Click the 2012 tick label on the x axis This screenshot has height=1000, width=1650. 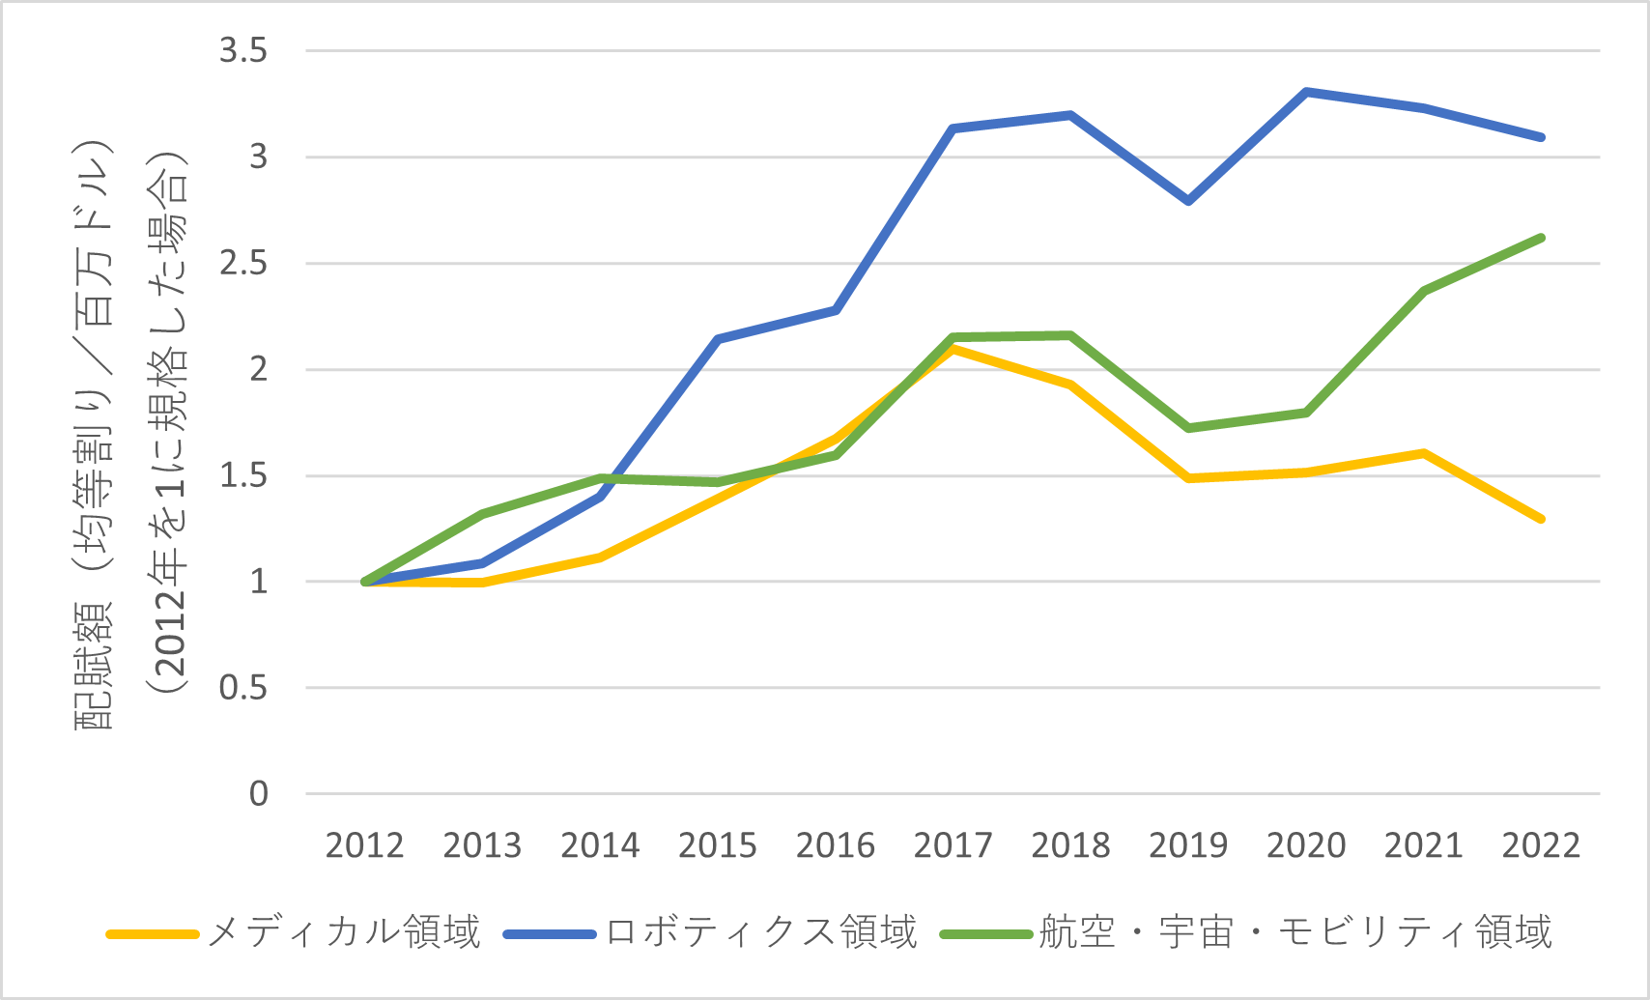[x=364, y=845]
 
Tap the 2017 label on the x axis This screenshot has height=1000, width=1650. [x=953, y=845]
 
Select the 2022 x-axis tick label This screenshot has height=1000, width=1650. [x=1541, y=845]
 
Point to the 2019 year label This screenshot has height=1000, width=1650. [x=1188, y=845]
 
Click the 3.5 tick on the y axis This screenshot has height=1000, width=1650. [x=243, y=50]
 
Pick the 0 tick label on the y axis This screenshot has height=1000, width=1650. [x=258, y=794]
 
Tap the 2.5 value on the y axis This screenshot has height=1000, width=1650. [x=243, y=263]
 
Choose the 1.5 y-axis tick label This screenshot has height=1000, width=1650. [x=243, y=475]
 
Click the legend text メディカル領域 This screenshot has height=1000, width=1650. [x=344, y=932]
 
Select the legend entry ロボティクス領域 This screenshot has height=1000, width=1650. [x=761, y=932]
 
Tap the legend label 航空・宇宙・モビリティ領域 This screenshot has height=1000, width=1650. [x=1294, y=932]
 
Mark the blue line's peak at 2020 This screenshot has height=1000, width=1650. [x=1306, y=92]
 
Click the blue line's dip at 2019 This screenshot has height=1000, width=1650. [x=1188, y=201]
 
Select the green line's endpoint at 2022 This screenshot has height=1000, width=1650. [x=1541, y=238]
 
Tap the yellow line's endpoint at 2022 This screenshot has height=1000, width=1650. [x=1541, y=519]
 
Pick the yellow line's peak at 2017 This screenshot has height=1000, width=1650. [x=953, y=349]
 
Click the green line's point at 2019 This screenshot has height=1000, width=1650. [x=1188, y=427]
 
